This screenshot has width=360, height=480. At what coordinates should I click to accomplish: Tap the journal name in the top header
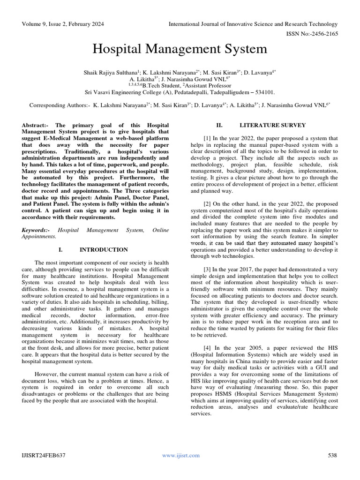point(253,24)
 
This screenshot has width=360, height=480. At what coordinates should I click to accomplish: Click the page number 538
point(332,455)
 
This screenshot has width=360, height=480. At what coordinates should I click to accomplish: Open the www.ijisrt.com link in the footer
point(180,455)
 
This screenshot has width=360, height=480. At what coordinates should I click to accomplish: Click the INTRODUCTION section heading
point(104,250)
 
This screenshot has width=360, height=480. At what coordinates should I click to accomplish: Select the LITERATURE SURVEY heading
point(272,125)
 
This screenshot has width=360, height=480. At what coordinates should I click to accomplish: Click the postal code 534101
point(263,92)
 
